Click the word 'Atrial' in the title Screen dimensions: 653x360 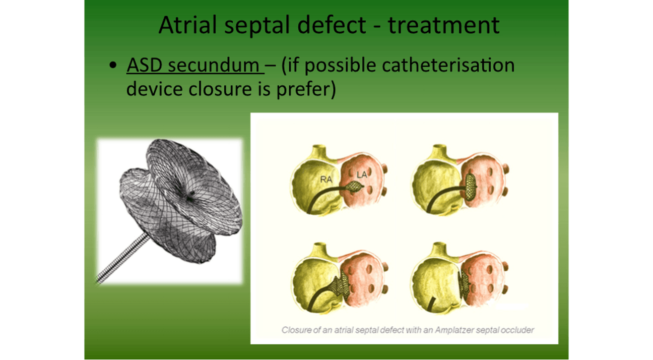tap(188, 25)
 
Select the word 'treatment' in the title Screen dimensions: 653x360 tap(444, 25)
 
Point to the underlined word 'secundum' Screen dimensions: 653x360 tap(214, 65)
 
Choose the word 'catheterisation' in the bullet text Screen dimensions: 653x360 tap(448, 65)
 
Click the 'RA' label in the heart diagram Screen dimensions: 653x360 tap(326, 179)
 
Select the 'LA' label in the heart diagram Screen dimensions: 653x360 tap(361, 175)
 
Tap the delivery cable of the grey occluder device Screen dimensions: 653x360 tap(122, 258)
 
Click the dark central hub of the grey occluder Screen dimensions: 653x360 tap(190, 196)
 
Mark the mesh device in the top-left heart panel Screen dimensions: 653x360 tap(354, 186)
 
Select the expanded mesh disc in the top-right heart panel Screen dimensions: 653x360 tap(470, 187)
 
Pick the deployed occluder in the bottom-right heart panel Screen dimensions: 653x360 tap(464, 282)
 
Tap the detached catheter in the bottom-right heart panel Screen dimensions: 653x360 tap(431, 304)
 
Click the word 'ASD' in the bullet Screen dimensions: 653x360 tap(145, 65)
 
